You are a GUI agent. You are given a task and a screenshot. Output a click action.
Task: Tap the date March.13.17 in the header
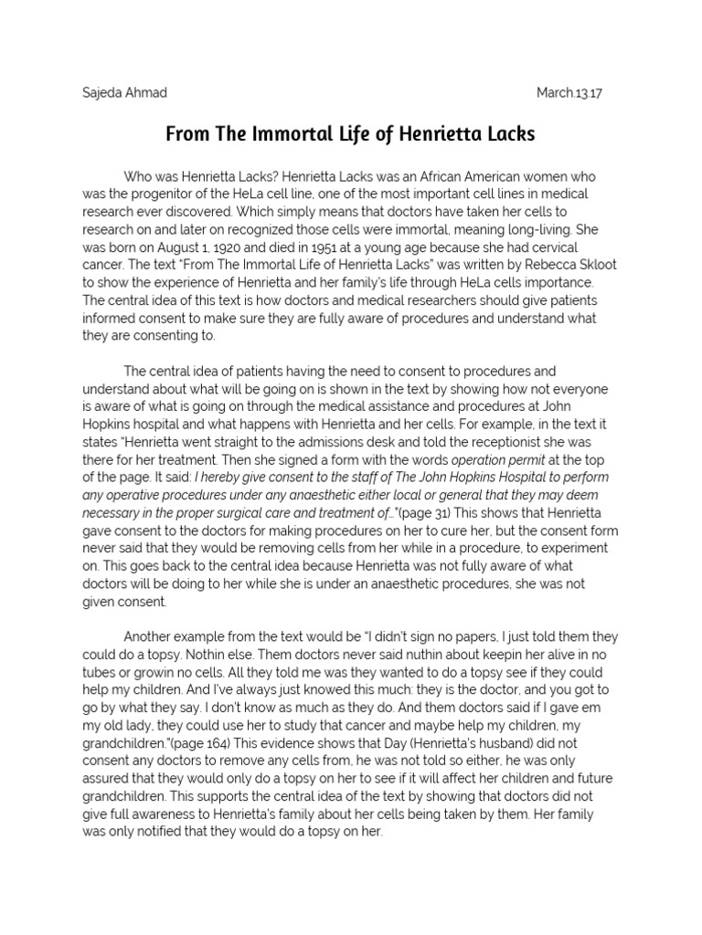click(575, 93)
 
